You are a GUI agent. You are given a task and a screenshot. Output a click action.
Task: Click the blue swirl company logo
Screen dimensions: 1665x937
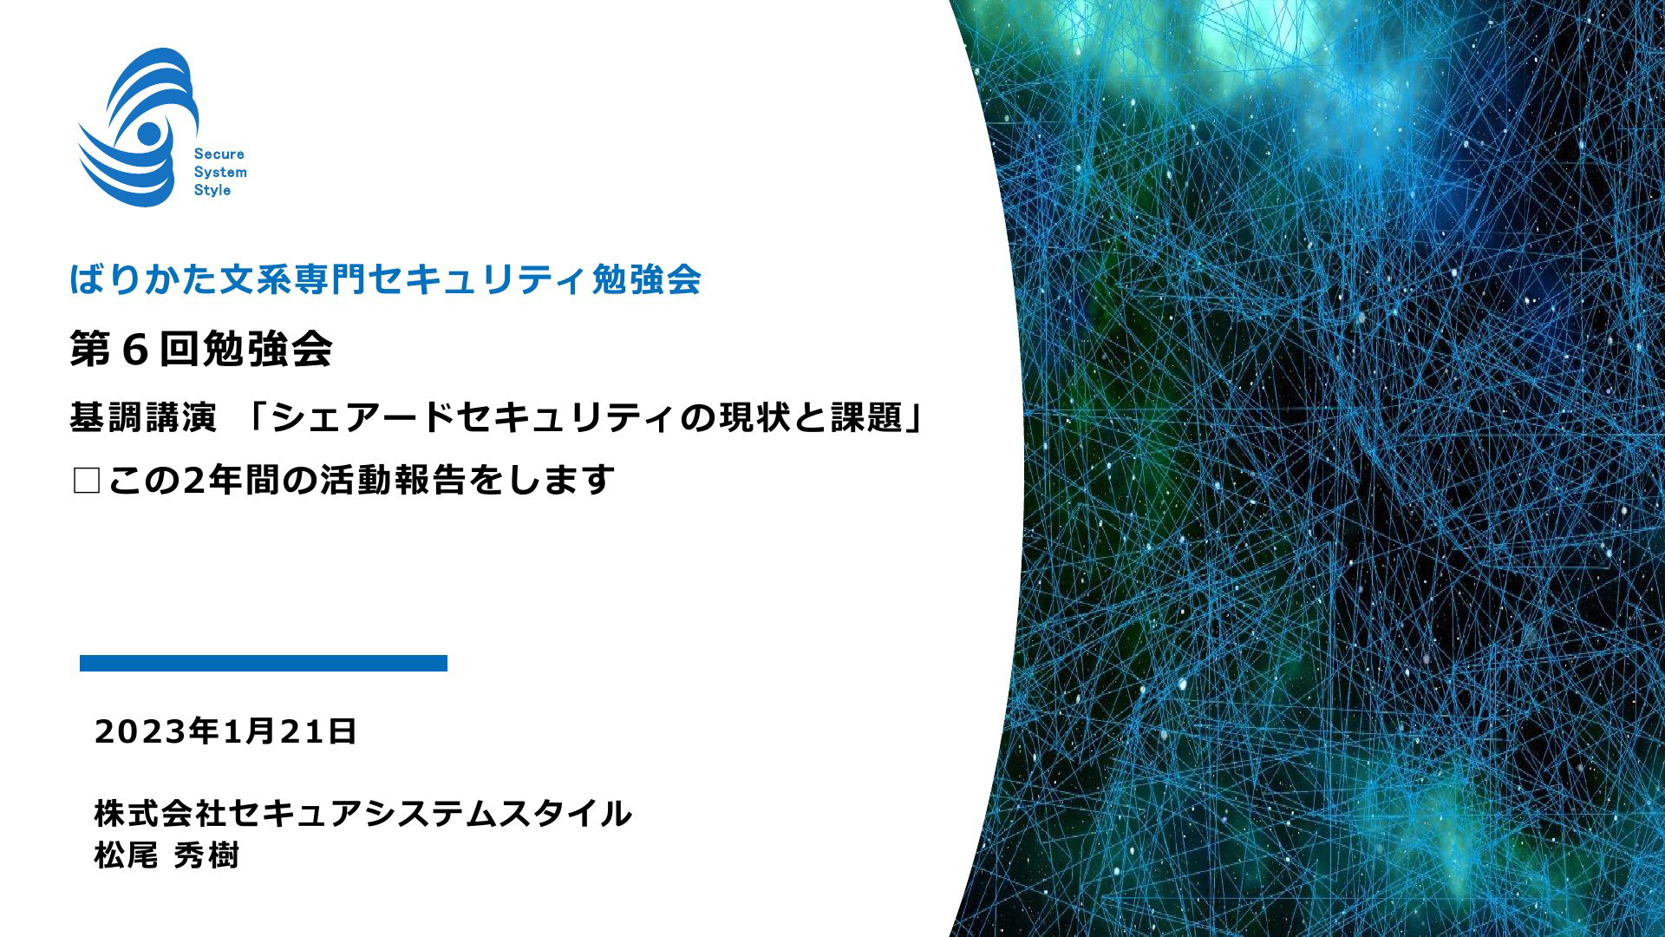tap(139, 128)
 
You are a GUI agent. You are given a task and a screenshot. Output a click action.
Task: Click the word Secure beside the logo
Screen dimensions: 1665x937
tap(219, 154)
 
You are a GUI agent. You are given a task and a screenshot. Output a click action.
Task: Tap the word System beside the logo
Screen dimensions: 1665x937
tap(220, 173)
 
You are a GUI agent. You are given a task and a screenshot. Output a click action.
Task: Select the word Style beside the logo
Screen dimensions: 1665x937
tap(212, 190)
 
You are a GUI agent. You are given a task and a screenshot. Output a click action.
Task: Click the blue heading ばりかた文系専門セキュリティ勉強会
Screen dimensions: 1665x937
tap(386, 279)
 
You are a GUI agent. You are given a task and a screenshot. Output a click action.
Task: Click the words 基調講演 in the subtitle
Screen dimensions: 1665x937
tap(143, 418)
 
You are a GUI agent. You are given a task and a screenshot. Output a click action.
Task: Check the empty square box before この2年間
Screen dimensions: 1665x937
tap(87, 481)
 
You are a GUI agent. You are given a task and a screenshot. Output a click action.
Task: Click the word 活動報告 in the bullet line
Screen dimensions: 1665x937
tap(393, 480)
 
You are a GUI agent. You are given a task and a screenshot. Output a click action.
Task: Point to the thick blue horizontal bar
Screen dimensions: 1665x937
tap(264, 664)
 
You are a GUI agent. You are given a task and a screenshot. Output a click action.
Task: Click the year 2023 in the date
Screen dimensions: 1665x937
tap(141, 732)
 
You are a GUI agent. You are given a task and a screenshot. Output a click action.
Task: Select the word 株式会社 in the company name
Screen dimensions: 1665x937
tap(160, 814)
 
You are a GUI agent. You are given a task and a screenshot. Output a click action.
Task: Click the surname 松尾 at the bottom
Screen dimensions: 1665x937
tap(127, 855)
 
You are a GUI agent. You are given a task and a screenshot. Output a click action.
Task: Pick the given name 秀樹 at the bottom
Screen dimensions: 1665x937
tap(206, 855)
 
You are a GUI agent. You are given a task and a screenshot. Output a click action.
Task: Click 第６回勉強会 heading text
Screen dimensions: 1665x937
tap(201, 350)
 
